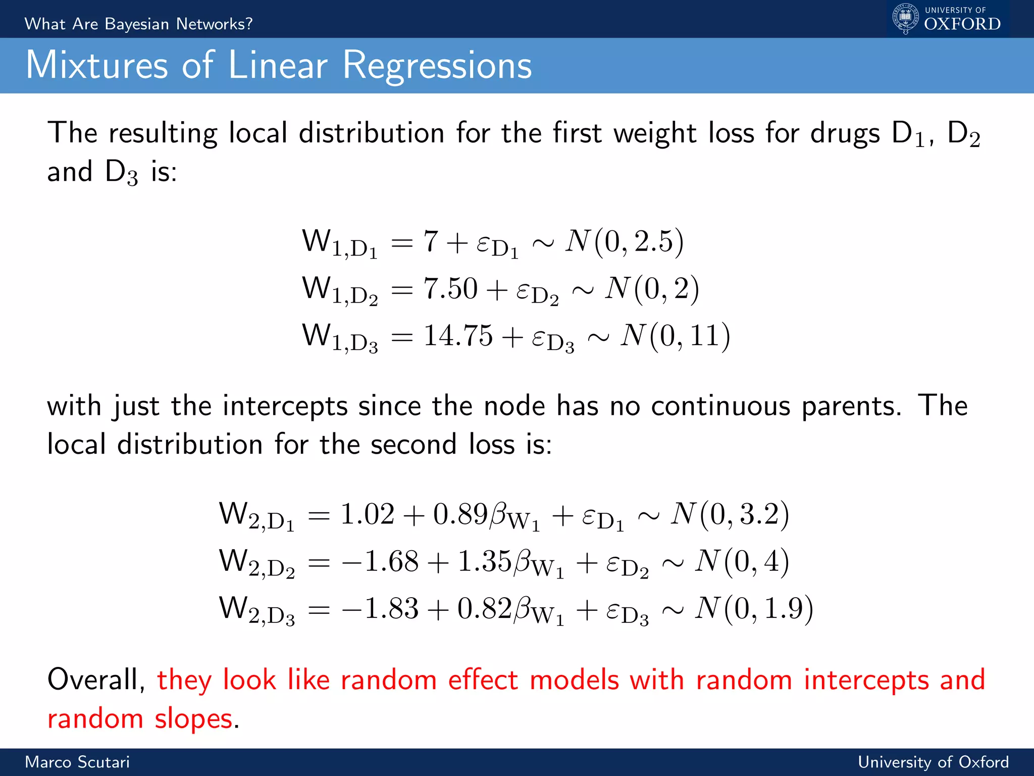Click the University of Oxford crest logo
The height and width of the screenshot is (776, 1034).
point(905,18)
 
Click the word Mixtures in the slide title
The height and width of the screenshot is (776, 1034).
point(96,65)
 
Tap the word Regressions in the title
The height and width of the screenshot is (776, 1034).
point(437,66)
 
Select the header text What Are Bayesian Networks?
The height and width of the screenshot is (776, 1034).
point(138,24)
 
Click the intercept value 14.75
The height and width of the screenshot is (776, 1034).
point(458,335)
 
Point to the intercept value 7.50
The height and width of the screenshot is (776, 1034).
point(450,288)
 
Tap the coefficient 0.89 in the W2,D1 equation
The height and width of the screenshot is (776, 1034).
point(460,514)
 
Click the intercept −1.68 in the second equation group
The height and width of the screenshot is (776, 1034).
point(380,561)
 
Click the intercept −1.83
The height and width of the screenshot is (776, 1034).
point(380,608)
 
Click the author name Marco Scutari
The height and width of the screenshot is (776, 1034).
point(77,762)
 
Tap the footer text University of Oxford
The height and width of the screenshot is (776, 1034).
point(933,762)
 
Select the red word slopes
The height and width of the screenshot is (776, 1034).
point(194,719)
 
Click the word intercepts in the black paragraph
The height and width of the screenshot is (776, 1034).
point(285,406)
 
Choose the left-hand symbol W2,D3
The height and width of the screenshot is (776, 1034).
point(256,610)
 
